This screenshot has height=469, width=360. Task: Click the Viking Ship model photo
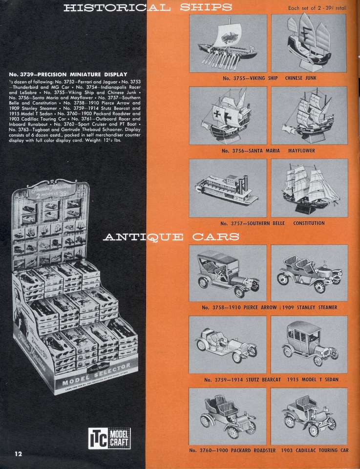coord(228,43)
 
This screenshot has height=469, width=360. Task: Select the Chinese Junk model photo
coord(309,43)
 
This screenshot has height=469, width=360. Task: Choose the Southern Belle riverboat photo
coord(228,189)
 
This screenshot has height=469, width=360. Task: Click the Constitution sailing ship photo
coord(309,189)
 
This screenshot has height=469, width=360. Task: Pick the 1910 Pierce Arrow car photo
coord(228,274)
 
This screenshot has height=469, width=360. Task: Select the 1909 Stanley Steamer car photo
coord(309,274)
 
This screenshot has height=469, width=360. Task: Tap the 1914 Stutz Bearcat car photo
coord(228,345)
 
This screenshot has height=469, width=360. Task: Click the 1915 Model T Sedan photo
coord(309,345)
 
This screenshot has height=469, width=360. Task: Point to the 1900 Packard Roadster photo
coord(228,417)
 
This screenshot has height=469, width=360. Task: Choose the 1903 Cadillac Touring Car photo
coord(309,417)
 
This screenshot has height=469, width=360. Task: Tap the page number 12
coord(19,453)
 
